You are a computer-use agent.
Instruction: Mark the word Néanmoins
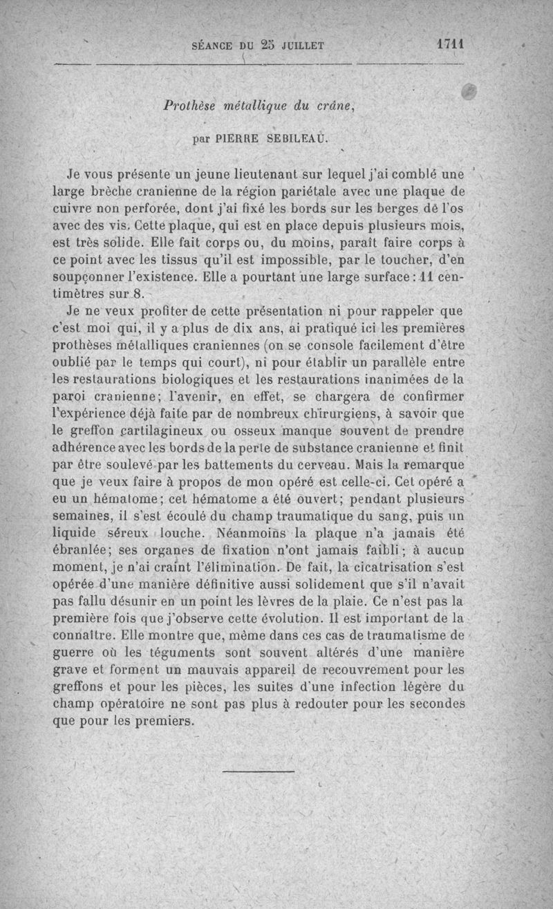click(252, 534)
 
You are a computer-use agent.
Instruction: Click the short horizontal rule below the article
click(259, 771)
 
